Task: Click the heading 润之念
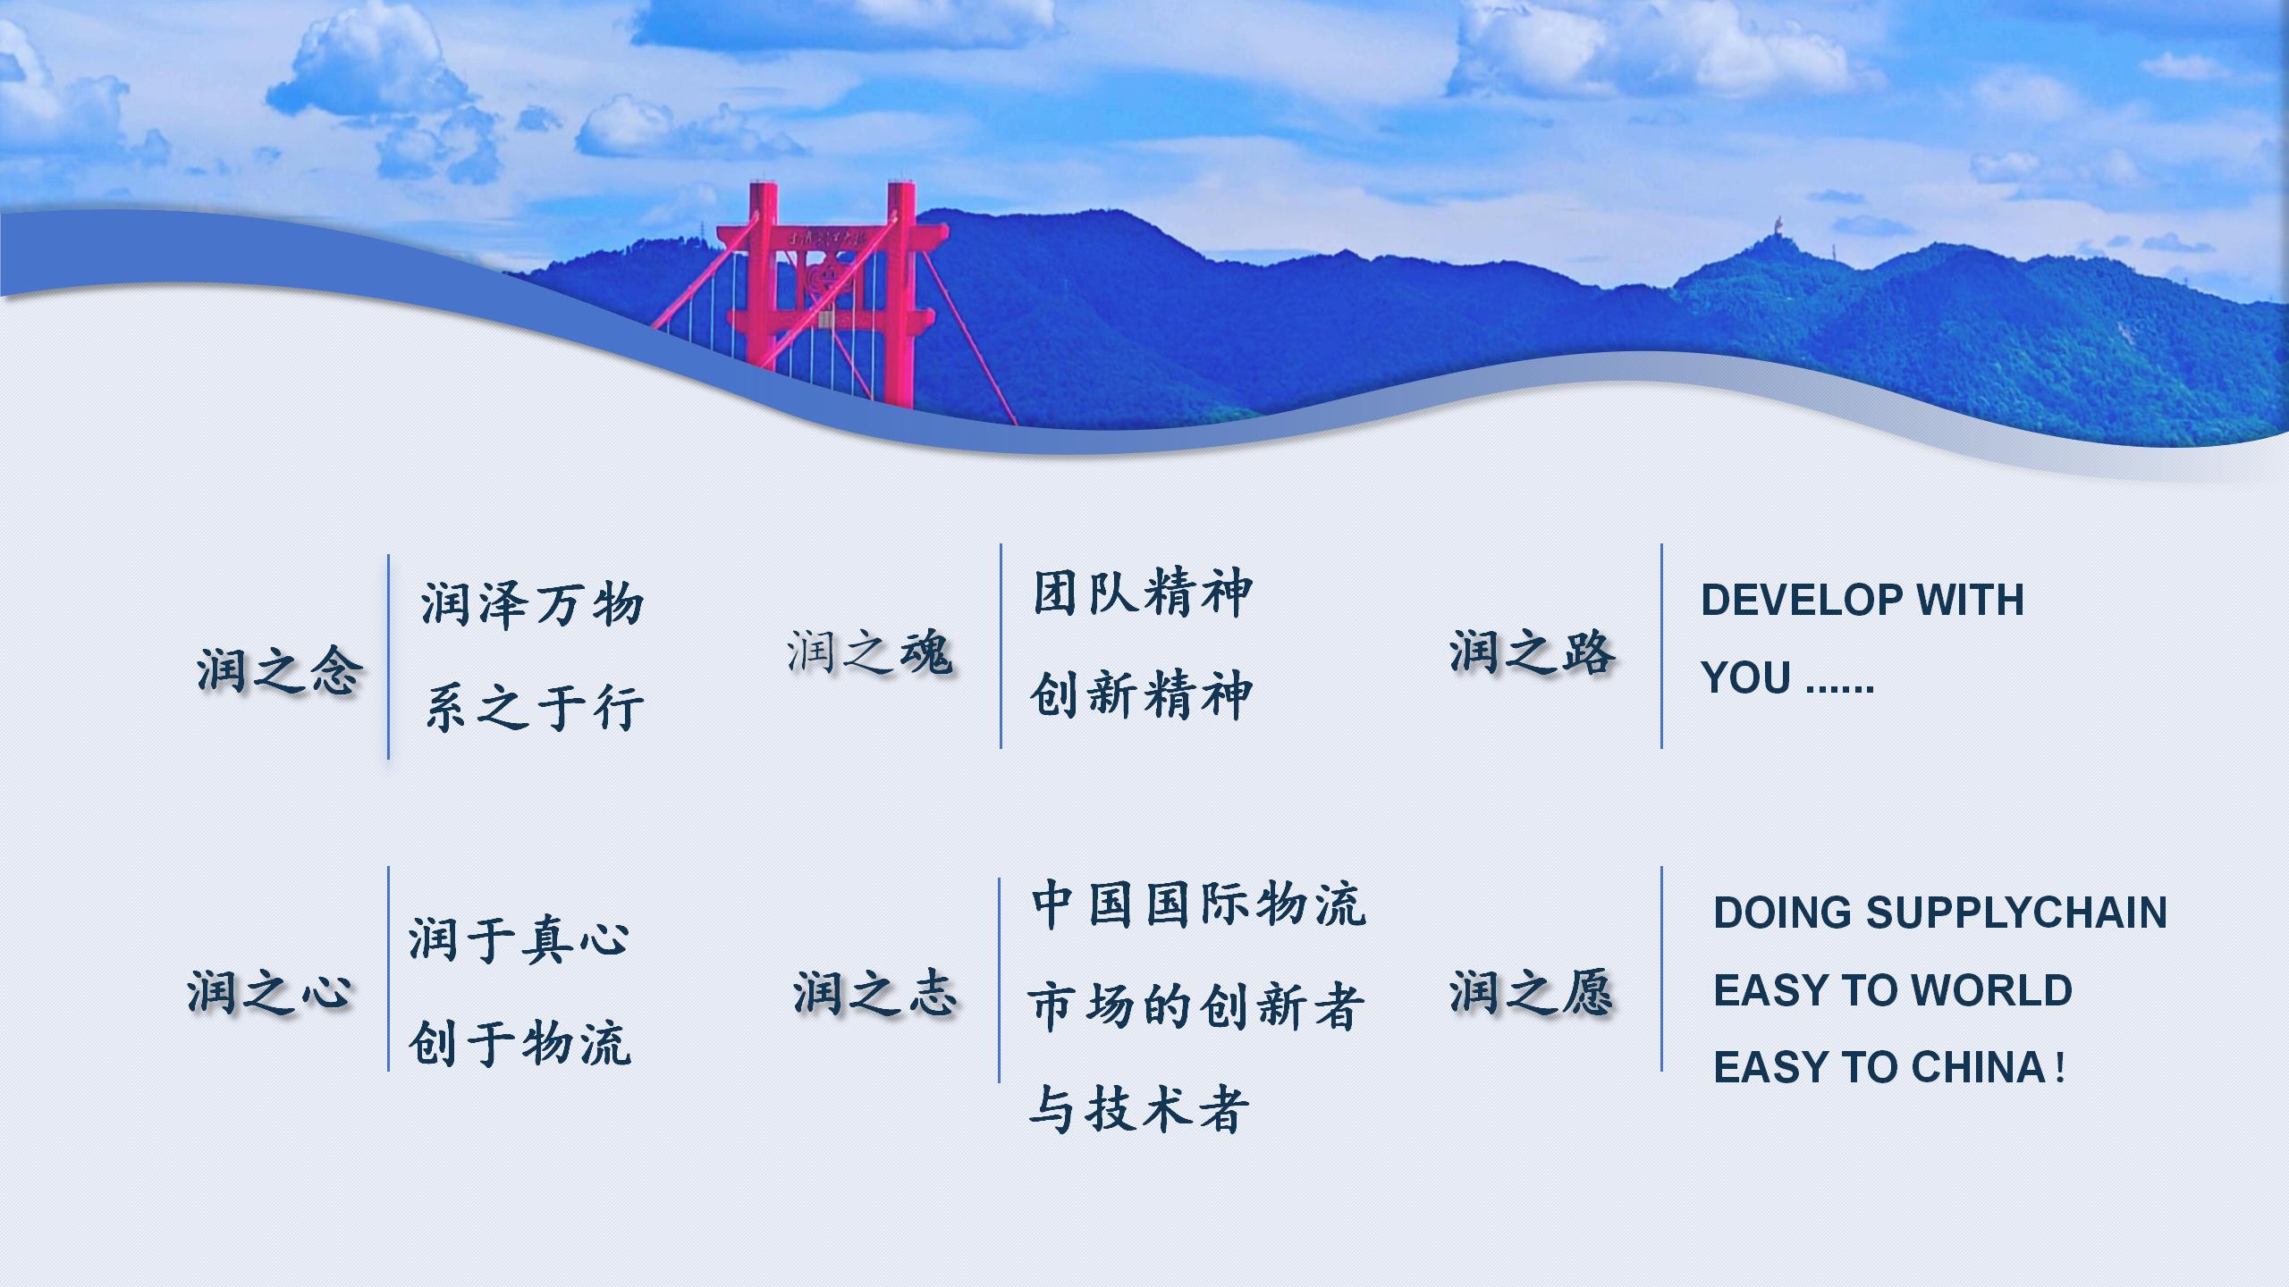[x=279, y=670]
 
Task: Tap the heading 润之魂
[x=869, y=652]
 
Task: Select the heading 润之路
[x=1532, y=651]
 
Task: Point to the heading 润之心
[x=269, y=991]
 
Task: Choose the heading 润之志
[x=874, y=993]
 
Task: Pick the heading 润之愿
[x=1532, y=992]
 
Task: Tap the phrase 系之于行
[x=534, y=707]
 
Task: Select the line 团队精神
[x=1143, y=593]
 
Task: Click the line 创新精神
[x=1142, y=694]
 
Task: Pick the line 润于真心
[x=519, y=939]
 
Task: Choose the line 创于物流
[x=519, y=1042]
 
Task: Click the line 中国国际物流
[x=1198, y=904]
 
